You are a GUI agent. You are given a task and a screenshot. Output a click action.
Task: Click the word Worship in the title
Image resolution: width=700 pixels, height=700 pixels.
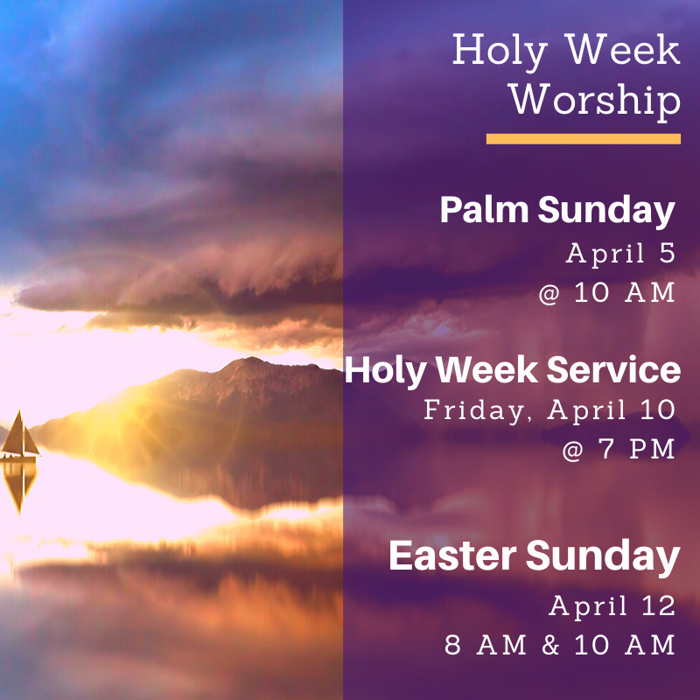595,101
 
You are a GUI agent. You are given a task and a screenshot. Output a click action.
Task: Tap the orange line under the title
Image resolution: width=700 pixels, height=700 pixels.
584,139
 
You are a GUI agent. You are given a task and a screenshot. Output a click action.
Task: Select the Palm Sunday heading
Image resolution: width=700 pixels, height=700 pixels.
557,210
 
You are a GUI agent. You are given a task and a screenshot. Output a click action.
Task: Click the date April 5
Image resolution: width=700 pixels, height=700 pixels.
620,254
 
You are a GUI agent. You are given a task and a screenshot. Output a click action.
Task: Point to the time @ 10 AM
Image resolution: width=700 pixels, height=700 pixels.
606,293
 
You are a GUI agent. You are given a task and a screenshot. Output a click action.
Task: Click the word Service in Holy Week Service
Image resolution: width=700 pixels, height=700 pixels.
614,369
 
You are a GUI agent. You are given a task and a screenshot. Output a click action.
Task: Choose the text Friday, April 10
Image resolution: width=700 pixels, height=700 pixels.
549,409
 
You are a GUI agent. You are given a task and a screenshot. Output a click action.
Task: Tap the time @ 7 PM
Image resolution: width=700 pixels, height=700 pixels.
619,449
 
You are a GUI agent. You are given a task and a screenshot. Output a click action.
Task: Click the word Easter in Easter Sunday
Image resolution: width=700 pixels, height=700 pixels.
452,556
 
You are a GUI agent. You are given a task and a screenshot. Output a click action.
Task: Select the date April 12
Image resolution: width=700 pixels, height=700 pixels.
612,606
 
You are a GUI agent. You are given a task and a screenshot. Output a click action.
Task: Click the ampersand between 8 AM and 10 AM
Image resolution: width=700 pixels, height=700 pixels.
550,645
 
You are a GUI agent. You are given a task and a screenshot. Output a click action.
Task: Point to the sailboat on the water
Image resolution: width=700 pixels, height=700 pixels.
20,437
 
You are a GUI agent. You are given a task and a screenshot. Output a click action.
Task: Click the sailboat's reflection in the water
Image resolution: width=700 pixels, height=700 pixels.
18,487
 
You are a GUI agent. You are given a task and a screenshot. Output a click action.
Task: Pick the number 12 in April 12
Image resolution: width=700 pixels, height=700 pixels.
659,606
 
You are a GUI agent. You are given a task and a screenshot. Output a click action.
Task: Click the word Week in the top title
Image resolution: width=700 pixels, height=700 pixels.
624,49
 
